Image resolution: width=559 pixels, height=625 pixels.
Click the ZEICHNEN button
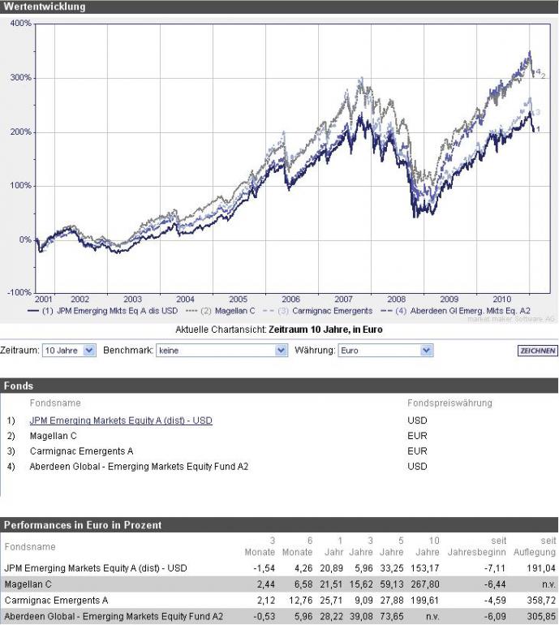point(537,351)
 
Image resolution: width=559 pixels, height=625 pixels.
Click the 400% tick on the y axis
point(21,24)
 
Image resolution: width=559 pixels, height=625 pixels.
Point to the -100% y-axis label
point(19,292)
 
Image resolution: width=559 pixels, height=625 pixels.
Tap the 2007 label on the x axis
point(343,300)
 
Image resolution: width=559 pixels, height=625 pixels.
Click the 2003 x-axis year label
point(132,300)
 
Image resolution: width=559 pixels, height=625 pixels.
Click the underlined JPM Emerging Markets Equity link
point(121,421)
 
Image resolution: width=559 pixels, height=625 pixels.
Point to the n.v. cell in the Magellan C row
point(548,584)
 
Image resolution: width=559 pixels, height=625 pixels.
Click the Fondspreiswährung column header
point(449,403)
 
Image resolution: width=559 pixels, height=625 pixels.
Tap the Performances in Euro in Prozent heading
point(83,525)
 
